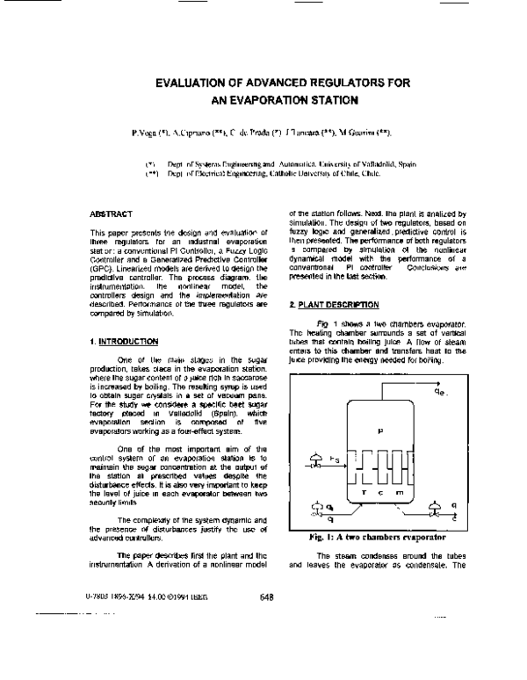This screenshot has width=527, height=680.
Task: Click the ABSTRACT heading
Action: [x=111, y=213]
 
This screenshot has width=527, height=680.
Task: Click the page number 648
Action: [x=268, y=597]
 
